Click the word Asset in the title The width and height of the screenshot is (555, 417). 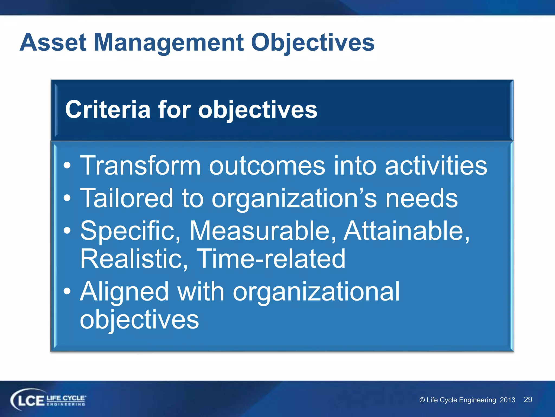[x=53, y=43]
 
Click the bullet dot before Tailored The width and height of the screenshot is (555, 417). [x=67, y=198]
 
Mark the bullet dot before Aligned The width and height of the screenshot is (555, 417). [x=67, y=292]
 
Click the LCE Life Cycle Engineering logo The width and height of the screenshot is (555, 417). [x=48, y=400]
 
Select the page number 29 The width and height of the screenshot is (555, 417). [x=528, y=400]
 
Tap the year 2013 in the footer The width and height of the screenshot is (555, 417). [x=507, y=400]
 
